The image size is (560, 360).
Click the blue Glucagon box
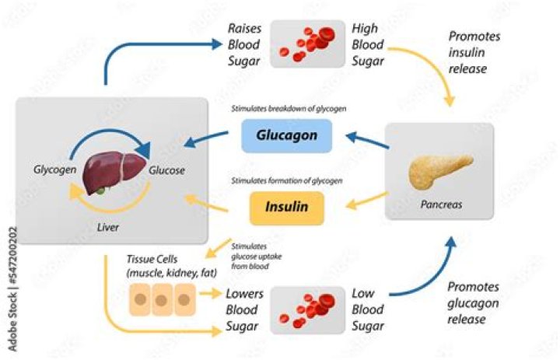[286, 136]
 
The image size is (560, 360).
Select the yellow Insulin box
[286, 208]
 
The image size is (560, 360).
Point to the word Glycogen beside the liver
[54, 169]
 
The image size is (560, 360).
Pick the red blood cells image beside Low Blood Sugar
[307, 307]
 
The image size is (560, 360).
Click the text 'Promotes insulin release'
[477, 52]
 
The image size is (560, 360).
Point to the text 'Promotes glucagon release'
[477, 303]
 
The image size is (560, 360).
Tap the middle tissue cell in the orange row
[163, 299]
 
